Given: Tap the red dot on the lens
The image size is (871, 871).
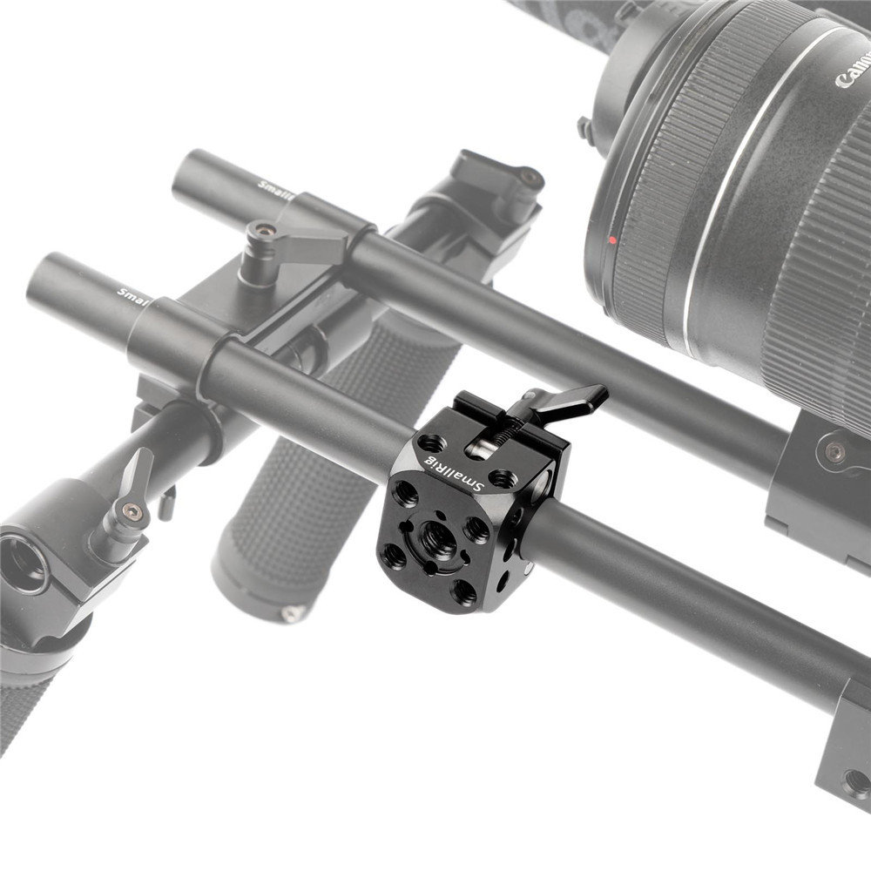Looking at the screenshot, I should tap(614, 239).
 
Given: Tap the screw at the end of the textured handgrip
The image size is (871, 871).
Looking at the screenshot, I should tap(288, 614).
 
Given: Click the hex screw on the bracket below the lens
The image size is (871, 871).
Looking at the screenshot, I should tap(835, 451).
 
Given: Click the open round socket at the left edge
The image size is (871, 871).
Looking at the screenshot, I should tap(21, 564).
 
